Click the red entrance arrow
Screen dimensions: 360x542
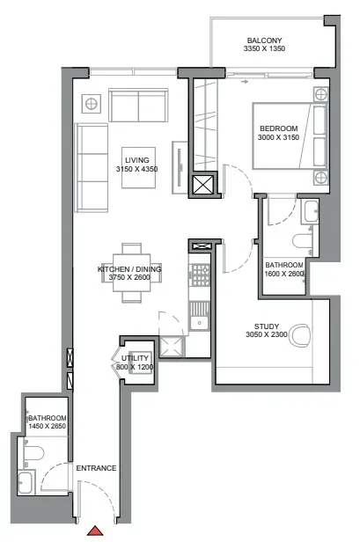coord(95,531)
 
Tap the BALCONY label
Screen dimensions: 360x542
coord(264,40)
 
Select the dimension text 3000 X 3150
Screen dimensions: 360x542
coord(278,137)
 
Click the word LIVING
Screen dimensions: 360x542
coord(137,160)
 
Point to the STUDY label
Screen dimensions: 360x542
coord(267,326)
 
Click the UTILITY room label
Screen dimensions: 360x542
coord(135,358)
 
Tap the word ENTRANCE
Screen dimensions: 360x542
coord(96,468)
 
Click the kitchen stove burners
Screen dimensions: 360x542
coord(201,275)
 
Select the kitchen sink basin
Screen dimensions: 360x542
coord(199,323)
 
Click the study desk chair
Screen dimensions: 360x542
coord(298,335)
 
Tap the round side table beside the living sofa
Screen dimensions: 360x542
coord(91,104)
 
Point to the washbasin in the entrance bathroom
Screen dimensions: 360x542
coord(26,483)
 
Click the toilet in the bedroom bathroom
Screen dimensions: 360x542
coord(302,241)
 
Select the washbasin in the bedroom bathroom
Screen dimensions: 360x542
coord(311,211)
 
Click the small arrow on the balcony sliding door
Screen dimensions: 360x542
coord(245,82)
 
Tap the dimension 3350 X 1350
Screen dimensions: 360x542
coord(264,48)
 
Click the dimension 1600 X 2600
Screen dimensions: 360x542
coord(284,274)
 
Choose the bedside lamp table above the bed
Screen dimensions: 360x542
coord(320,93)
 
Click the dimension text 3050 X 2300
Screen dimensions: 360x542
coord(267,334)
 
